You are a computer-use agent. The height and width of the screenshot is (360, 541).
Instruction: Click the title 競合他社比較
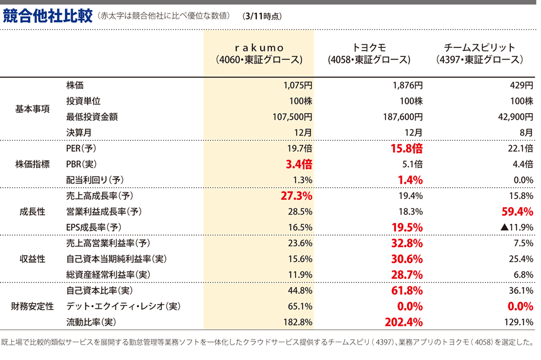pyautogui.click(x=47, y=16)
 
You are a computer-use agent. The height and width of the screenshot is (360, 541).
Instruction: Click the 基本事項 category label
pyautogui.click(x=32, y=109)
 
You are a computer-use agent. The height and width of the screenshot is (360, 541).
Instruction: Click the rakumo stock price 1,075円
pyautogui.click(x=298, y=85)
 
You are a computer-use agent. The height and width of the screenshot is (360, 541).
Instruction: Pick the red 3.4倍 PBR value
pyautogui.click(x=299, y=164)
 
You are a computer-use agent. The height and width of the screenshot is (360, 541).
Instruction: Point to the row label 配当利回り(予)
pyautogui.click(x=95, y=180)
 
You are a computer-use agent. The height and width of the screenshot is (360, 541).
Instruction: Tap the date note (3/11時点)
pyautogui.click(x=262, y=17)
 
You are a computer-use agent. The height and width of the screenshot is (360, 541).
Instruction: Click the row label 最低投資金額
pyautogui.click(x=92, y=117)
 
